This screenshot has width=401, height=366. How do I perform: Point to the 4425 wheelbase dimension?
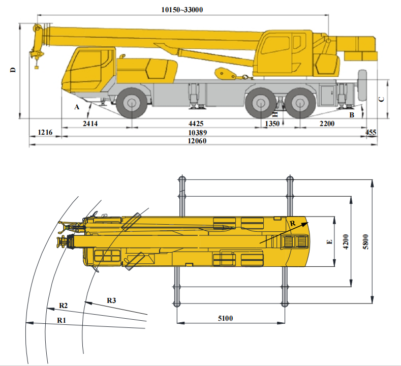click(196, 124)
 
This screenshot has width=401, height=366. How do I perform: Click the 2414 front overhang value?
click(90, 124)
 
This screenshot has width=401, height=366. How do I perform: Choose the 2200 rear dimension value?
click(327, 124)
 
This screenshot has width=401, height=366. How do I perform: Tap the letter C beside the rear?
click(381, 99)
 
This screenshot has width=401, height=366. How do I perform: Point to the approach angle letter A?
click(77, 107)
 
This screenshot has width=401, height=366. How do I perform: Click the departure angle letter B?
click(351, 115)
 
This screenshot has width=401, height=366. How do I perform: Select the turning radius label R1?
click(61, 320)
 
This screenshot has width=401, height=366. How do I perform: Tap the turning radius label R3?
click(111, 300)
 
